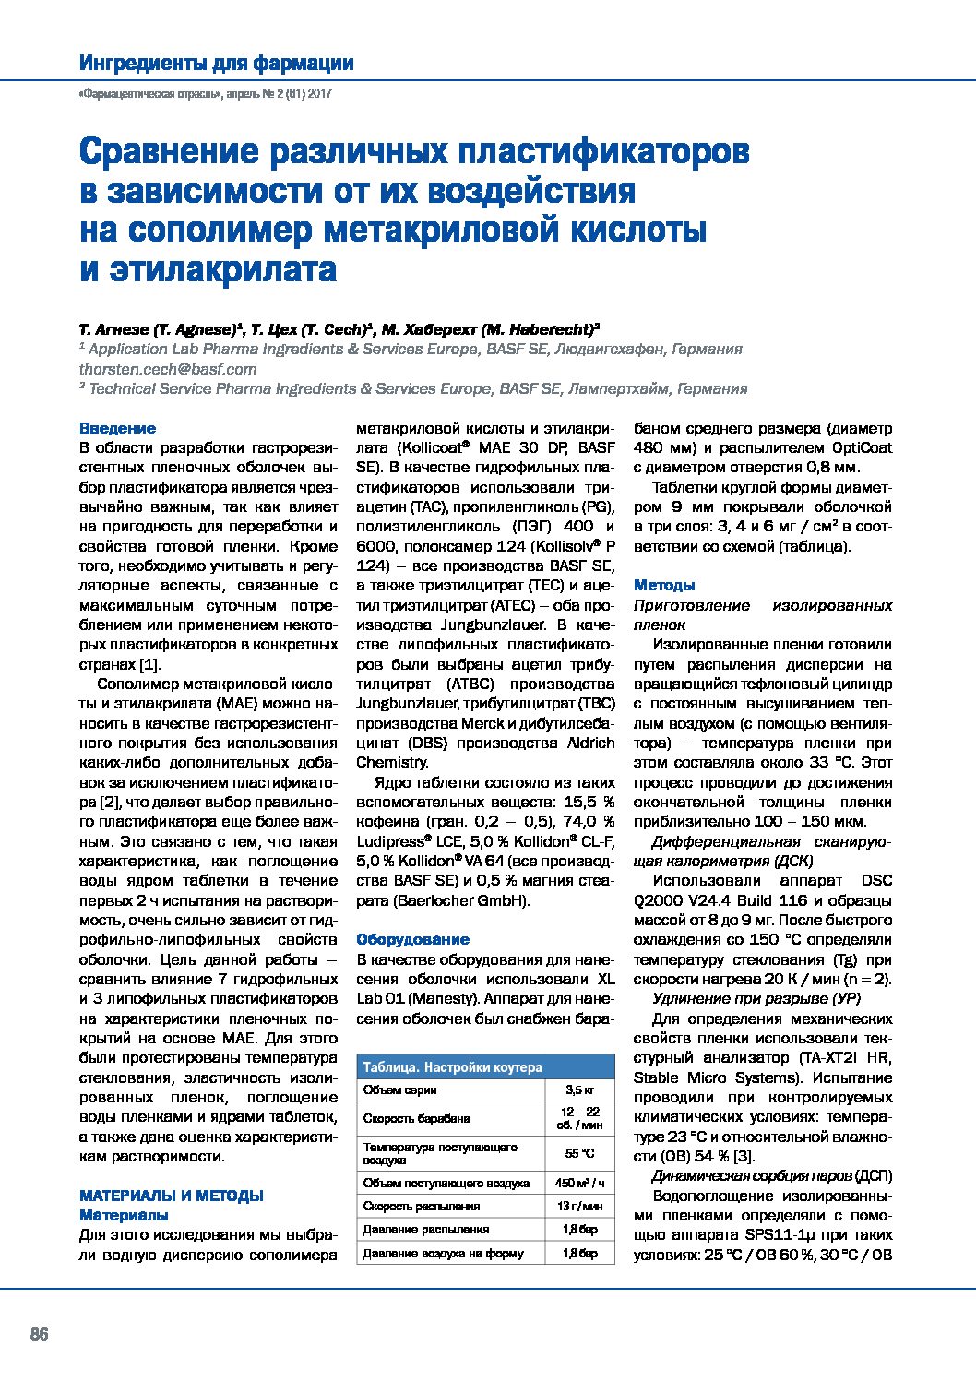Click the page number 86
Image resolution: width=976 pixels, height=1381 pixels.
(x=39, y=1335)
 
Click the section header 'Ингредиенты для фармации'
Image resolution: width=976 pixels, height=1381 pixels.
(x=216, y=64)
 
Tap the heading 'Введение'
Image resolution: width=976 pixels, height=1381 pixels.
(x=117, y=428)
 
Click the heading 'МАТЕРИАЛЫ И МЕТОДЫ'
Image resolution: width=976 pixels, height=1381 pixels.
(x=172, y=1196)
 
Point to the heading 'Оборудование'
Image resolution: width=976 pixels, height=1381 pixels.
(x=412, y=939)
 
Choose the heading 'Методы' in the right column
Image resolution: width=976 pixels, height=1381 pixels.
(x=664, y=585)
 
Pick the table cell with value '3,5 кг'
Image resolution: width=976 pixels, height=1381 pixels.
(x=579, y=1090)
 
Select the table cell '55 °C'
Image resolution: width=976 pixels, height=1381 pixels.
(x=579, y=1153)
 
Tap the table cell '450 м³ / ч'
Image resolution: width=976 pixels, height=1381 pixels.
(x=579, y=1183)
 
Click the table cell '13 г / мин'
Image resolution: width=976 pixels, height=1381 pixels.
(x=579, y=1206)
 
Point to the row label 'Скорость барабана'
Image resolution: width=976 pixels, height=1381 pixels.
(x=417, y=1118)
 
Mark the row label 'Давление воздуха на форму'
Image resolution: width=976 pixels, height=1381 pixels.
(x=443, y=1253)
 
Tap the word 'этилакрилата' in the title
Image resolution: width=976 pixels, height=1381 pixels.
(x=222, y=269)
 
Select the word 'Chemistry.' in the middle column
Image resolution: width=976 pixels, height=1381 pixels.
(x=393, y=762)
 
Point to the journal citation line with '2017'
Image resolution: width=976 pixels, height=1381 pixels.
(x=205, y=94)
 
